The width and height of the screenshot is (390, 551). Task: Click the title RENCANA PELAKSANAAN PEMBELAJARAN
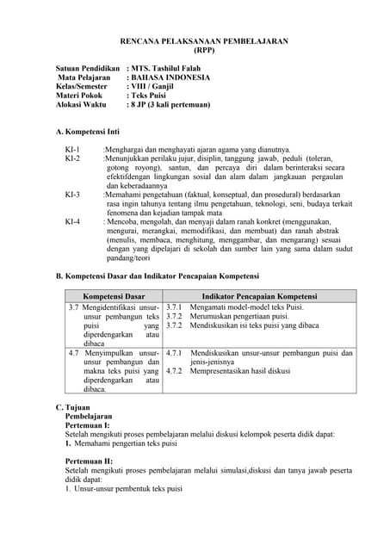click(203, 40)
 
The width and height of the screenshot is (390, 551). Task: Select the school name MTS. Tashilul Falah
click(169, 66)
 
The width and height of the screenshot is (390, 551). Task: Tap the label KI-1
click(72, 150)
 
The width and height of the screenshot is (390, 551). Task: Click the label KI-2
click(72, 158)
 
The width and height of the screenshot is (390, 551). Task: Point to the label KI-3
click(72, 195)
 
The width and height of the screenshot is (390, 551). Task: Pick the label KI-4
click(72, 221)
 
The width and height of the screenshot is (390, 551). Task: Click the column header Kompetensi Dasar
click(114, 295)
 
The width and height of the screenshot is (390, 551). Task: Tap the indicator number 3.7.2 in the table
click(174, 316)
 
